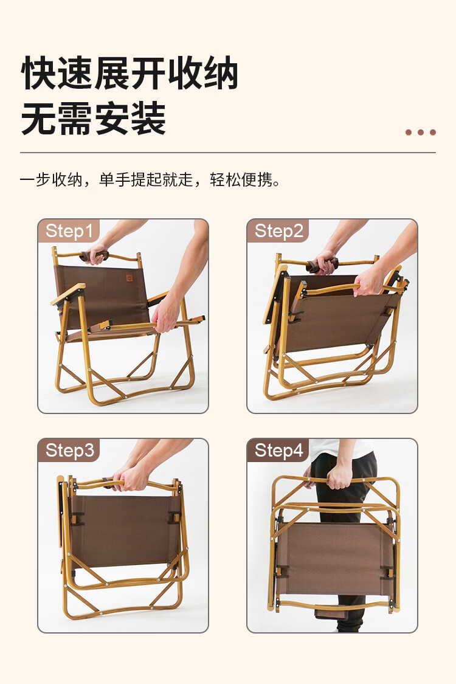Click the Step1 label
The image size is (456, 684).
[69, 231]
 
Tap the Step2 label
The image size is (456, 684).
[278, 231]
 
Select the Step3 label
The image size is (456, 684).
[69, 450]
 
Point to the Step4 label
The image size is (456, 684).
[278, 450]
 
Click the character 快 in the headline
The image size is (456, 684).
[39, 73]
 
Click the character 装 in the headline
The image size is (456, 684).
[148, 119]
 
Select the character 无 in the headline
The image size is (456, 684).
[39, 119]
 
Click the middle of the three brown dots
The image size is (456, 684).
[421, 132]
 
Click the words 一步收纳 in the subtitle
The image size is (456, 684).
[51, 179]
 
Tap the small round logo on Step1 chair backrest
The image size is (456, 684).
[129, 278]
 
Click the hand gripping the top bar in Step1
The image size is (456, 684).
[97, 254]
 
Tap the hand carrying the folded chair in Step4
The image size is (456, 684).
[339, 475]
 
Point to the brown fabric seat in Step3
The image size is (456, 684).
[125, 530]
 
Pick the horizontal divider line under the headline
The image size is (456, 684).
[228, 153]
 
